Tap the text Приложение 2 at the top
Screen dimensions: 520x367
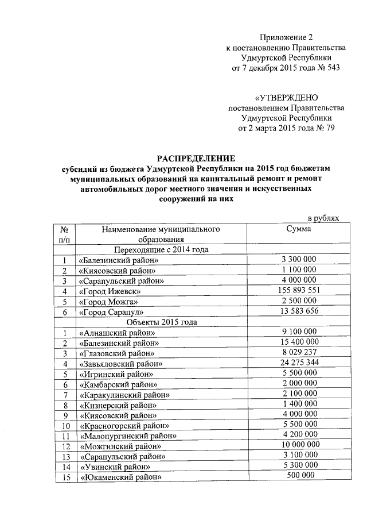[286, 37]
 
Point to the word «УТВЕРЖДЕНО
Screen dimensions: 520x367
[286, 98]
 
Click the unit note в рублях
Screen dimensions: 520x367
[323, 218]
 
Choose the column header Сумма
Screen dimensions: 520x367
[298, 229]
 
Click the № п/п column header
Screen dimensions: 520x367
[65, 234]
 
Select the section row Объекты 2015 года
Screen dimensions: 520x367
[161, 322]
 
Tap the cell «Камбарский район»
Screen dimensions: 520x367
[119, 384]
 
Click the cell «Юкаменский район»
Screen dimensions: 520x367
[121, 477]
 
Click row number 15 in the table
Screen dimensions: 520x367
[65, 477]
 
